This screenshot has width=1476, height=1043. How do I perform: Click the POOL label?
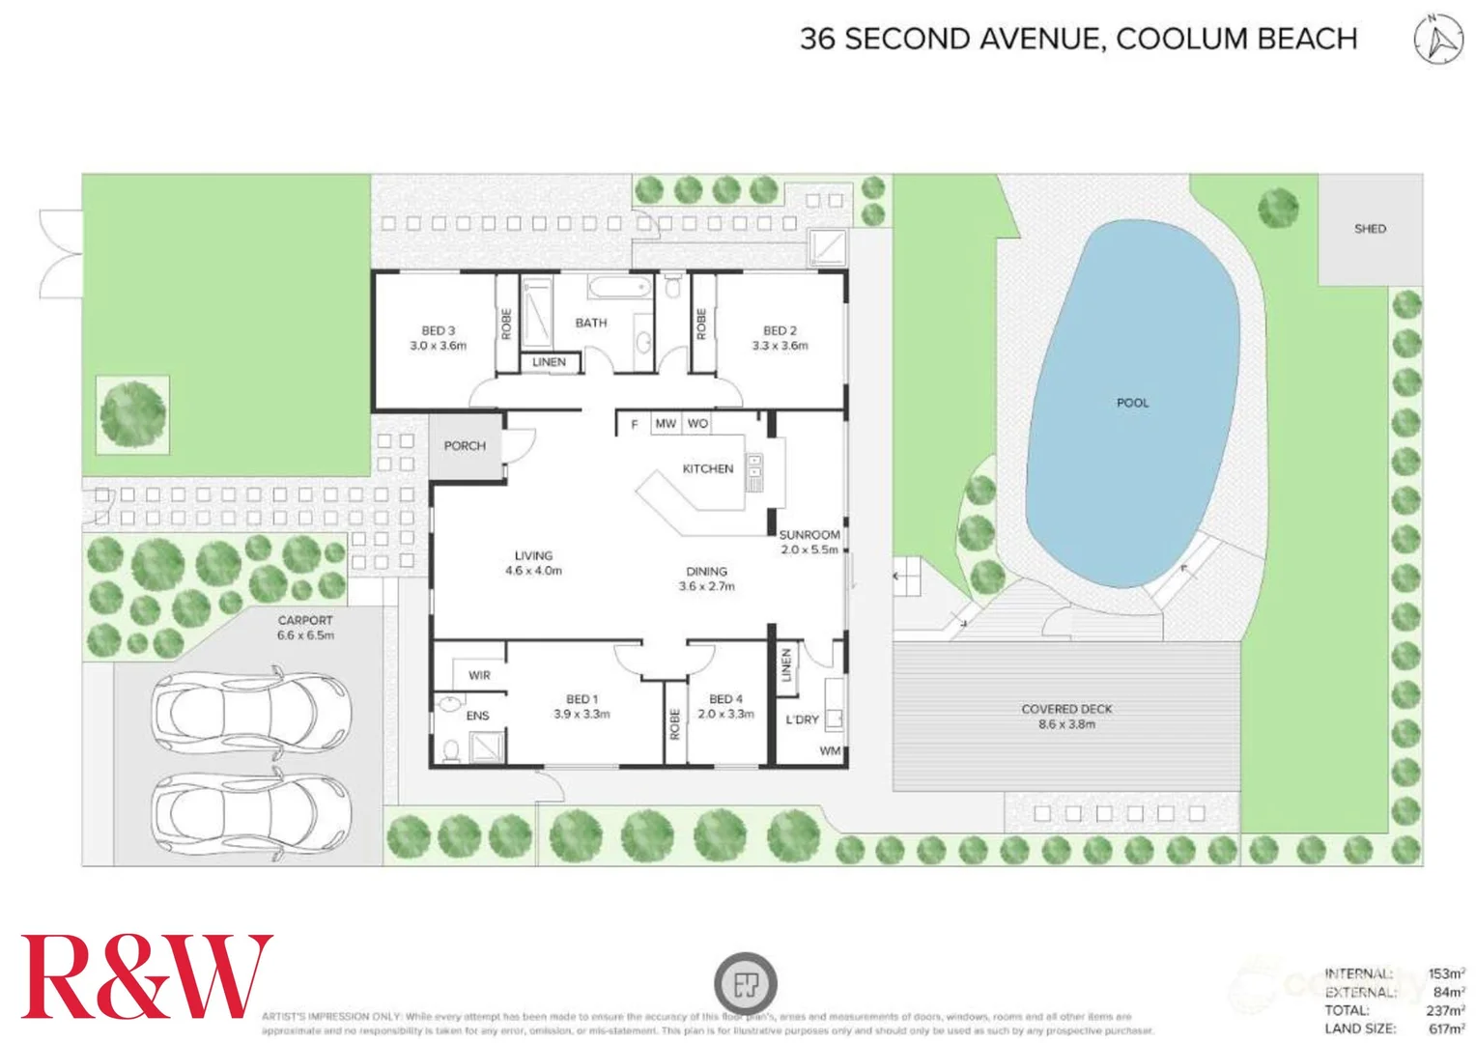(x=1132, y=403)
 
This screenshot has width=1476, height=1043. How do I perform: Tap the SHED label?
(x=1369, y=229)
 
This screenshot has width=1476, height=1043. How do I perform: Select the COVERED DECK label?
(x=1066, y=709)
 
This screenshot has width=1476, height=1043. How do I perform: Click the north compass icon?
(x=1438, y=40)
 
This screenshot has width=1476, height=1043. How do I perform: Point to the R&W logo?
(x=146, y=976)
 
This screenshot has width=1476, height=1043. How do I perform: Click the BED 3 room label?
(x=438, y=330)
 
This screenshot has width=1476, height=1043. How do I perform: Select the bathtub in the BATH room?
(x=619, y=287)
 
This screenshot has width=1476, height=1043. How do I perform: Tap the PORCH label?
(x=465, y=446)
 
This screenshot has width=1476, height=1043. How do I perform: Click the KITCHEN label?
(x=708, y=468)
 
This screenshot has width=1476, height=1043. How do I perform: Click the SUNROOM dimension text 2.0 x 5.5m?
(x=809, y=550)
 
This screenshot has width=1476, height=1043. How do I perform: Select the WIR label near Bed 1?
(x=479, y=675)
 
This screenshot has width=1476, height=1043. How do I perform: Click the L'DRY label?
(x=802, y=719)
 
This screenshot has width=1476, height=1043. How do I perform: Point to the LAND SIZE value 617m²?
(x=1446, y=1029)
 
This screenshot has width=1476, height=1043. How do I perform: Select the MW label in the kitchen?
(x=666, y=423)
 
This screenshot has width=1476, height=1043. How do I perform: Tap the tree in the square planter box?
(x=133, y=414)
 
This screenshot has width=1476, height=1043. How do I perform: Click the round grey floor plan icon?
(x=745, y=984)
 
